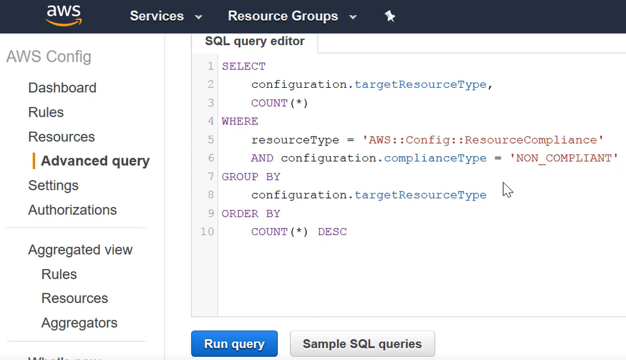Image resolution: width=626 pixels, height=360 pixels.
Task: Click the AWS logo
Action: pyautogui.click(x=64, y=16)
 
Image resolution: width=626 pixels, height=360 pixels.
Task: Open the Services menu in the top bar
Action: pyautogui.click(x=166, y=16)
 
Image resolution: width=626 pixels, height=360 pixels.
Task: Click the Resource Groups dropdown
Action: pyautogui.click(x=292, y=16)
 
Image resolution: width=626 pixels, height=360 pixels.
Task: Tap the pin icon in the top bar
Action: pyautogui.click(x=390, y=16)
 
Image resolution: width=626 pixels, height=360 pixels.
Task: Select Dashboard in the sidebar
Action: pyautogui.click(x=62, y=88)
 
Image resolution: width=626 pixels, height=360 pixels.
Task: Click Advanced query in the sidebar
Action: pyautogui.click(x=95, y=161)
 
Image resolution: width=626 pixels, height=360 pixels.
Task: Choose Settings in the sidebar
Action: pyautogui.click(x=53, y=185)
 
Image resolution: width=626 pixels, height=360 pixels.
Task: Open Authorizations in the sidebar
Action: pyautogui.click(x=72, y=209)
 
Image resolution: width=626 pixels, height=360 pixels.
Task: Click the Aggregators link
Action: pyautogui.click(x=79, y=323)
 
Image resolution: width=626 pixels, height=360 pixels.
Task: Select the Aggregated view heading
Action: pyautogui.click(x=80, y=250)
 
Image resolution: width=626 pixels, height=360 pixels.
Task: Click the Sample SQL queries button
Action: pyautogui.click(x=362, y=343)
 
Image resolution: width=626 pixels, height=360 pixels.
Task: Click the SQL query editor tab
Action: pyautogui.click(x=255, y=41)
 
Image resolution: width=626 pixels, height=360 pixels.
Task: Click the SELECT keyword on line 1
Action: pyautogui.click(x=243, y=67)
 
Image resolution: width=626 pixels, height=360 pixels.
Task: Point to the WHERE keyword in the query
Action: pyautogui.click(x=240, y=121)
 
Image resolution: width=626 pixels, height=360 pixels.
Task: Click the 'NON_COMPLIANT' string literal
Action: pyautogui.click(x=564, y=158)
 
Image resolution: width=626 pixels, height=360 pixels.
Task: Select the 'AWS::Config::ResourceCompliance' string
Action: pyautogui.click(x=483, y=140)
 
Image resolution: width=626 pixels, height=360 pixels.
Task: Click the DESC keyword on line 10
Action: pyautogui.click(x=332, y=232)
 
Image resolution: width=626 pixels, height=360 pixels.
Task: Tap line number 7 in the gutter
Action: pyautogui.click(x=211, y=176)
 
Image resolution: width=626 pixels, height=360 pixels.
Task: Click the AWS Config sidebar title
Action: pyautogui.click(x=49, y=57)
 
